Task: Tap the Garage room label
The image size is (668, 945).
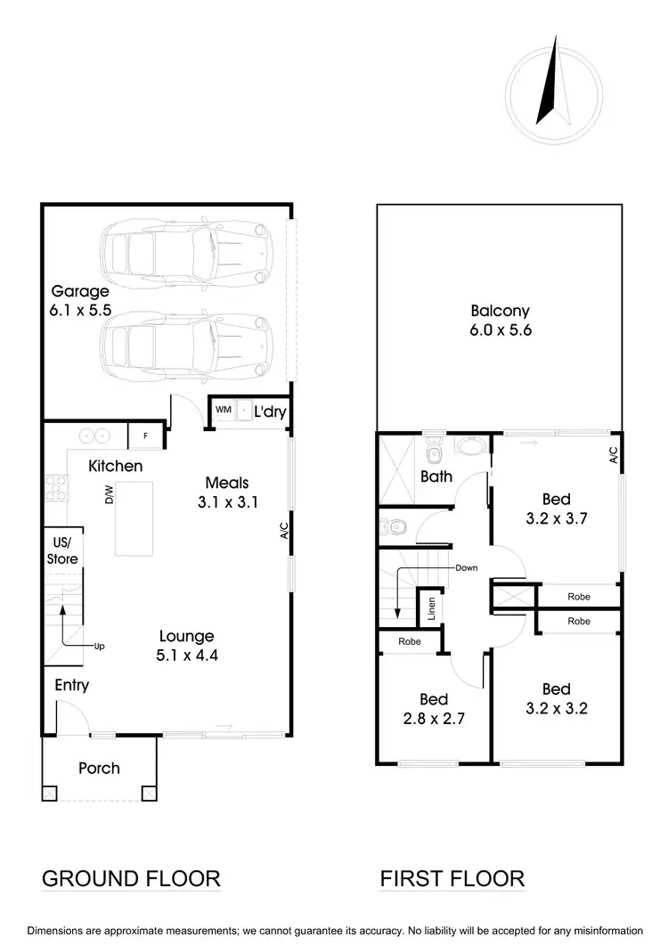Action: pyautogui.click(x=80, y=300)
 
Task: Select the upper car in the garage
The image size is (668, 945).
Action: pyautogui.click(x=185, y=252)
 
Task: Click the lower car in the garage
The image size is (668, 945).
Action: pyautogui.click(x=185, y=339)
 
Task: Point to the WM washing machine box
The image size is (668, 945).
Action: pyautogui.click(x=223, y=409)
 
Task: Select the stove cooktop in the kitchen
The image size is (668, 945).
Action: pyautogui.click(x=56, y=489)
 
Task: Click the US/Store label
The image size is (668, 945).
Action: pyautogui.click(x=61, y=551)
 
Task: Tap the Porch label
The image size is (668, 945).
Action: pyautogui.click(x=99, y=768)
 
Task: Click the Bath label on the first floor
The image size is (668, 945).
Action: pyautogui.click(x=436, y=477)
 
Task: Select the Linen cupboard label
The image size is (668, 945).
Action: pyautogui.click(x=430, y=608)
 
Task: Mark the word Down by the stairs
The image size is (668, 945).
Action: pyautogui.click(x=466, y=567)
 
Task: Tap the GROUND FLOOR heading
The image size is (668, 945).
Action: pyautogui.click(x=131, y=878)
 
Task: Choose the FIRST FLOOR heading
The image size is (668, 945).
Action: pyautogui.click(x=452, y=878)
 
